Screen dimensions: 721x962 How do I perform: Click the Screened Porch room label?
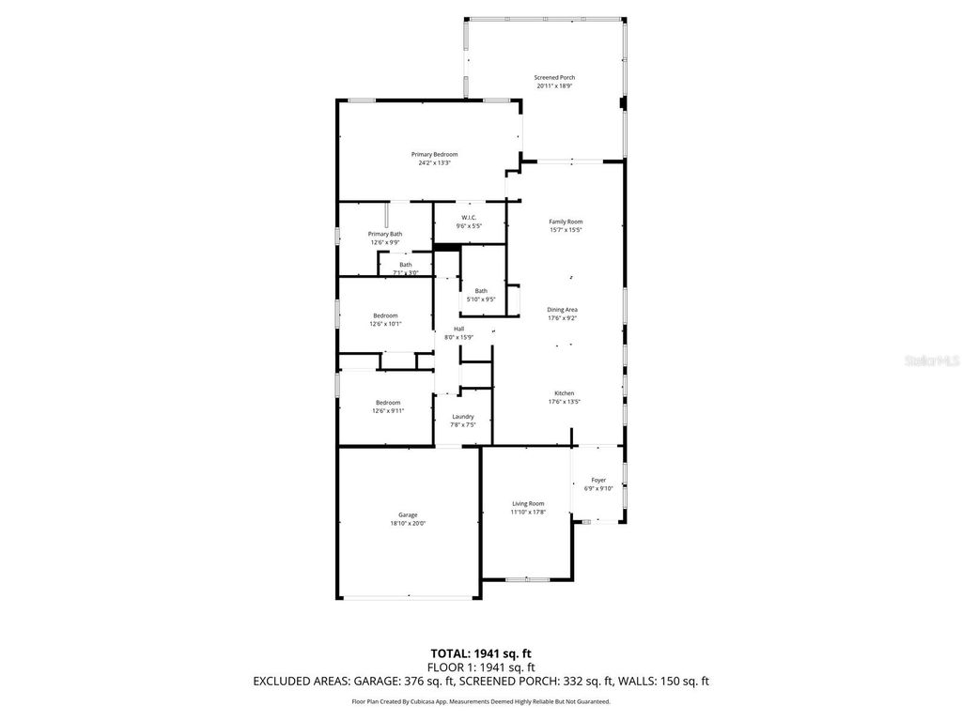point(554,77)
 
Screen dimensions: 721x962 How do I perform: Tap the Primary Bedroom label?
point(434,154)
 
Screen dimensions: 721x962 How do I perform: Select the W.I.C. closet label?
point(469,217)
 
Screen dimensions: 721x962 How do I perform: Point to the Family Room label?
point(566,222)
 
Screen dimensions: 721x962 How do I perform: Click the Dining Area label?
point(563,309)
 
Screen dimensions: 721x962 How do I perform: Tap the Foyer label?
point(598,480)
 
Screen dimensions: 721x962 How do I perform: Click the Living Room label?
point(528,503)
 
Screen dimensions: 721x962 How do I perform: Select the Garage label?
point(408,514)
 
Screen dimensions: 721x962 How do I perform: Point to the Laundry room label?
point(462,416)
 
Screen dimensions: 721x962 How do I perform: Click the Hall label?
point(458,329)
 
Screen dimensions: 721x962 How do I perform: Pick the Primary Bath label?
point(385,234)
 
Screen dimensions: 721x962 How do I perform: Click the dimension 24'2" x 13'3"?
point(435,162)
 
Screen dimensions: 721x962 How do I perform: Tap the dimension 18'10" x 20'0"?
point(409,523)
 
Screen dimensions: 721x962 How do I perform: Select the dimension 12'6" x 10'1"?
point(385,324)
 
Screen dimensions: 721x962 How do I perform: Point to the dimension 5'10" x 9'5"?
point(481,299)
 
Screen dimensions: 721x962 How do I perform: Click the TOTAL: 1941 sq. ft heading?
point(481,652)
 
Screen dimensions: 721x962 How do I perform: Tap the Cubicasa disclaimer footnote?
point(481,701)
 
